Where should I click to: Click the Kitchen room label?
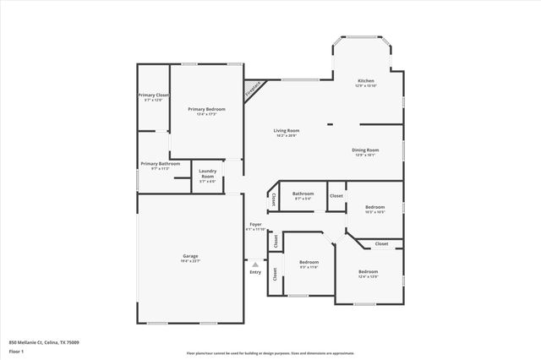[366, 81]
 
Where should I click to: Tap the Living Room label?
[287, 130]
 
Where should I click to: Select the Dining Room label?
[366, 150]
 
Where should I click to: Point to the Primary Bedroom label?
[205, 109]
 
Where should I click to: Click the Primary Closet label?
[154, 95]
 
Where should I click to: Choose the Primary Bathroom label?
[160, 164]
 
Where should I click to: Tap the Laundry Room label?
[208, 173]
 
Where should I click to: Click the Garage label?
[190, 256]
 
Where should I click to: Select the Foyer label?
[255, 224]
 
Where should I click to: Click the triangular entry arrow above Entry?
[255, 265]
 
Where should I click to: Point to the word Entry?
[255, 272]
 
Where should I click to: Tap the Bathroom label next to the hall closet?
[303, 194]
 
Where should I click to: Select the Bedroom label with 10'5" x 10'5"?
[374, 207]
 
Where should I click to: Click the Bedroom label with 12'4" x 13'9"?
[368, 272]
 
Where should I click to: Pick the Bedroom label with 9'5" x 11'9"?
[309, 262]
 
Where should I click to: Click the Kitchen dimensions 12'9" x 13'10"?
[366, 86]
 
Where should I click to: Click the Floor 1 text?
[17, 351]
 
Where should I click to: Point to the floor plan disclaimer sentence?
[270, 353]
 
